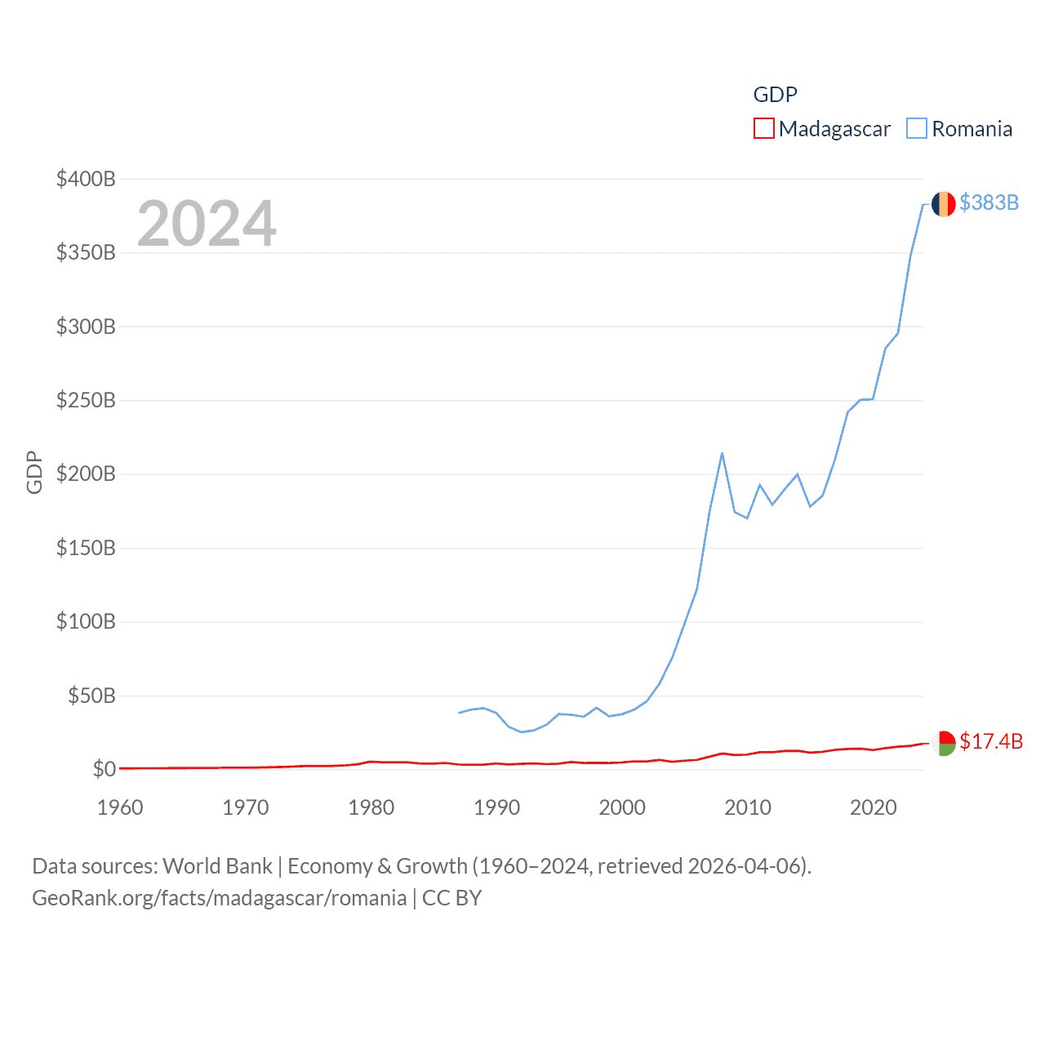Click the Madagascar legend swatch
[x=763, y=129]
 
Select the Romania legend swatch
[x=917, y=129]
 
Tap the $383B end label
[x=989, y=202]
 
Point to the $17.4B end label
[x=991, y=741]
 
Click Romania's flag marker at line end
[x=943, y=204]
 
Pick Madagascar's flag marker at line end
[x=943, y=743]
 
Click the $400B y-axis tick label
[x=86, y=179]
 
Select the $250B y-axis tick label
[x=86, y=400]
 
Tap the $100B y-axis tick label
[x=86, y=621]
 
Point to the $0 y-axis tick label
[x=104, y=769]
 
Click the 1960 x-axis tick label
[x=120, y=807]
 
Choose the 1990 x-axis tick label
[x=496, y=807]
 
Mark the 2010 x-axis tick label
[x=748, y=807]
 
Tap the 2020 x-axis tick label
[x=874, y=807]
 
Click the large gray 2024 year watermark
[x=207, y=224]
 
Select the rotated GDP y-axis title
[x=34, y=472]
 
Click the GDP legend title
[x=775, y=95]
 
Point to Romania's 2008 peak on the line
[x=722, y=454]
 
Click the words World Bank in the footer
[x=217, y=866]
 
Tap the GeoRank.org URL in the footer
[x=219, y=898]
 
